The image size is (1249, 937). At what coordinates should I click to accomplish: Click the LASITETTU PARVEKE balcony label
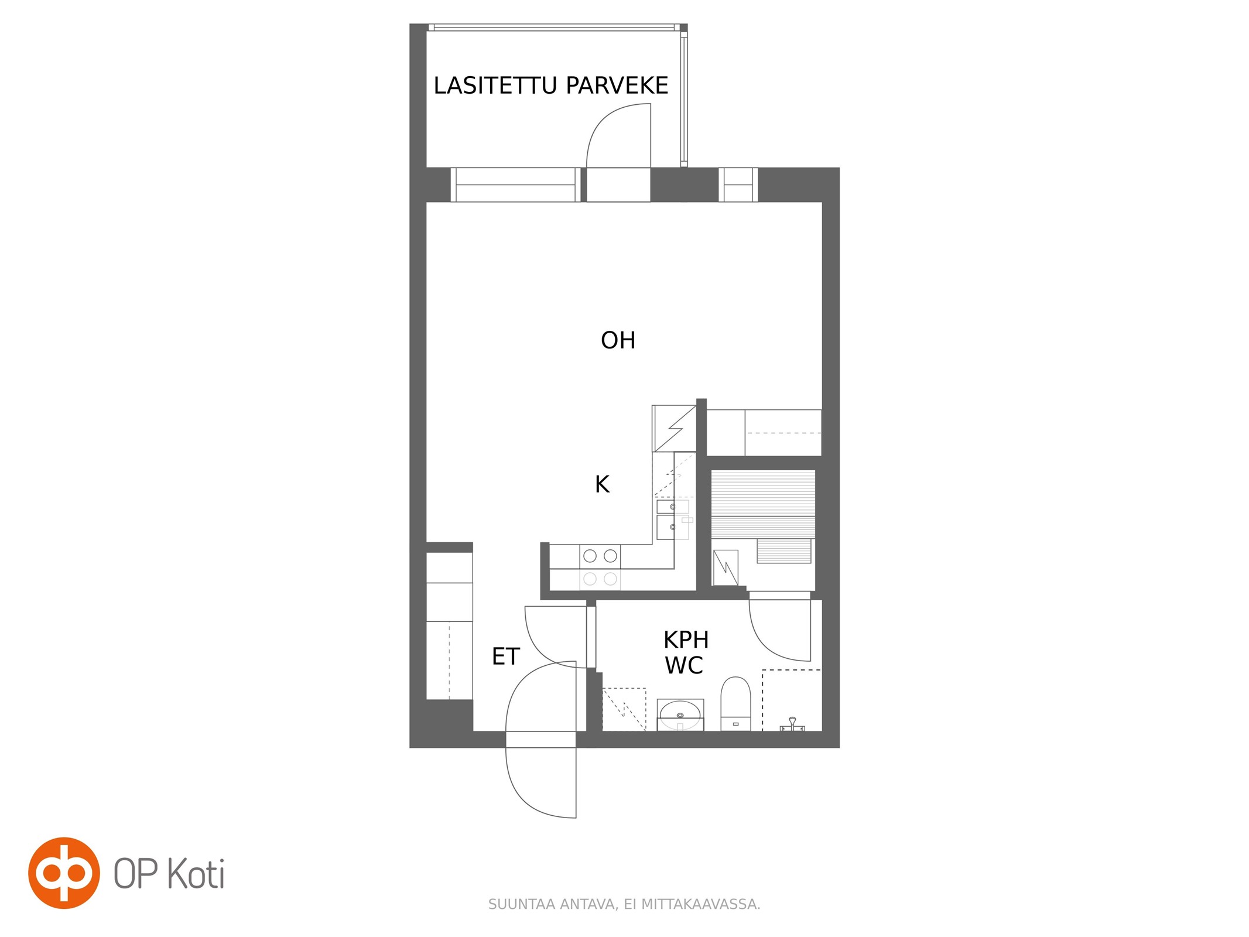pos(550,86)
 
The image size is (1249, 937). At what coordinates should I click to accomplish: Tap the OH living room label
pos(618,340)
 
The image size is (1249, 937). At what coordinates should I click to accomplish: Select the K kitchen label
pos(602,484)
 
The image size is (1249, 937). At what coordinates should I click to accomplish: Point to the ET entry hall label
pos(505,656)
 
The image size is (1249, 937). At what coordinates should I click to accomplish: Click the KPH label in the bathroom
pos(686,640)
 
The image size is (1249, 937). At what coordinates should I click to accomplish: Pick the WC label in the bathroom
pos(684,665)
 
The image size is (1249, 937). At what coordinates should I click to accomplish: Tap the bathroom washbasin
pos(680,714)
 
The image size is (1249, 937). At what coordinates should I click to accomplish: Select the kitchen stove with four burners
pos(600,566)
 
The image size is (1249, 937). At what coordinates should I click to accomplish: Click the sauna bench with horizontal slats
pos(763,504)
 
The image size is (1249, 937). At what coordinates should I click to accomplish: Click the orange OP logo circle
pos(64,873)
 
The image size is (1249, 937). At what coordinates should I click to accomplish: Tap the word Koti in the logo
pos(196,874)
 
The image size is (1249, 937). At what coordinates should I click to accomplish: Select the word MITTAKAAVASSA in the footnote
pos(700,904)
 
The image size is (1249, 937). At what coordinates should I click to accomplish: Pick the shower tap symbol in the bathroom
pos(792,724)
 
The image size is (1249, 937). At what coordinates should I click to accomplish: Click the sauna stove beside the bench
pos(726,567)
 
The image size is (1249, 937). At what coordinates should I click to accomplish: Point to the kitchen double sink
pos(673,519)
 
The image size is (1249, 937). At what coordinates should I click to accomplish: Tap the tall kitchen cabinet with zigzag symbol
pos(674,428)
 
